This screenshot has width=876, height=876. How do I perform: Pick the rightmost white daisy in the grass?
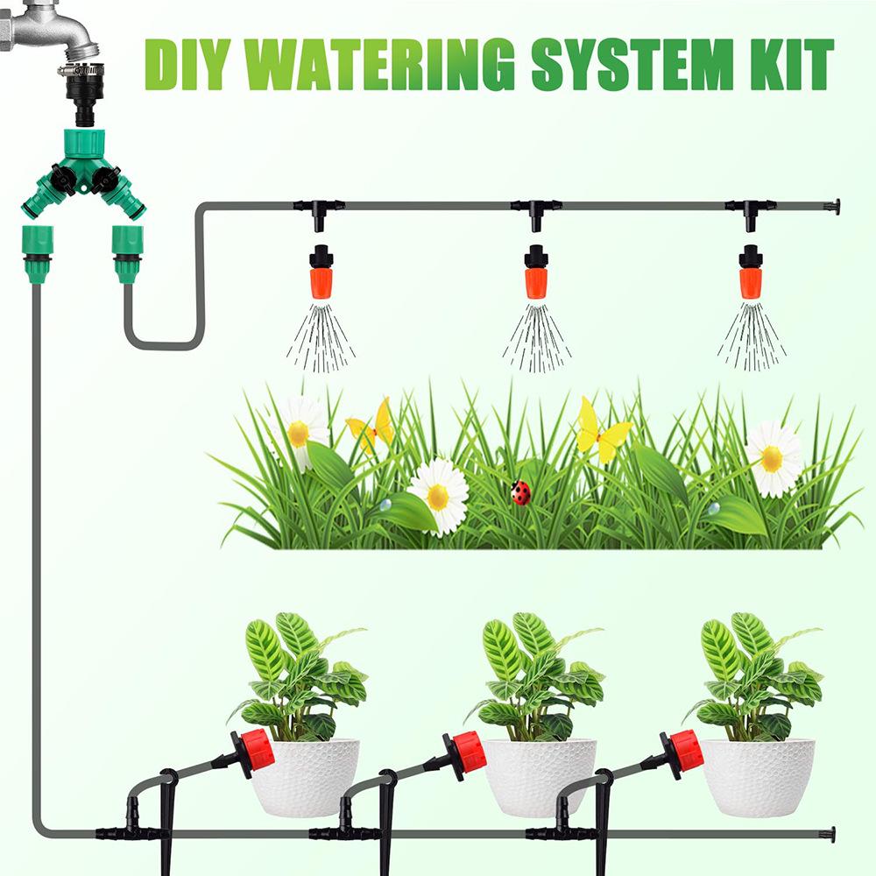pyautogui.click(x=773, y=457)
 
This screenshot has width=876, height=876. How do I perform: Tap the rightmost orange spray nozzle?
pyautogui.click(x=750, y=273)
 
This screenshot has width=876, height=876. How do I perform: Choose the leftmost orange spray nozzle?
pyautogui.click(x=321, y=273)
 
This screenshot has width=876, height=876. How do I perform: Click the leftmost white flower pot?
pyautogui.click(x=306, y=776)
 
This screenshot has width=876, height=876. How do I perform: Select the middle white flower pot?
pyautogui.click(x=540, y=776)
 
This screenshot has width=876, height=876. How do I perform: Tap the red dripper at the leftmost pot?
pyautogui.click(x=253, y=752)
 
